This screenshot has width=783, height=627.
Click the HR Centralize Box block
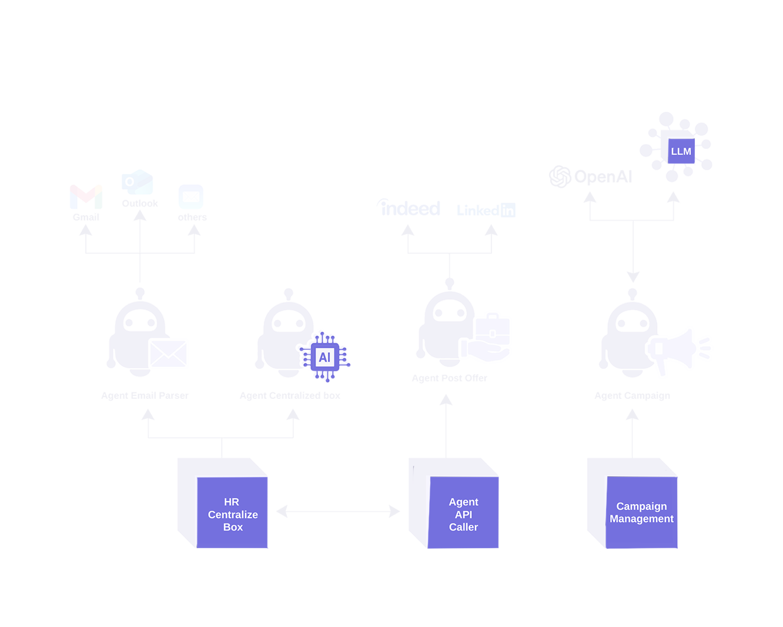(x=232, y=513)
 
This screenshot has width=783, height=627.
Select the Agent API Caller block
(x=463, y=513)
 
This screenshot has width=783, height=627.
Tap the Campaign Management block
(x=641, y=512)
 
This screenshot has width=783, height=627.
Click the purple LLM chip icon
(x=681, y=151)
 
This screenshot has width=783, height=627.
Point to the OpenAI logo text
(x=591, y=176)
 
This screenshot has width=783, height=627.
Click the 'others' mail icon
(x=191, y=196)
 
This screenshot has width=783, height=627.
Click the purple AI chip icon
(x=324, y=357)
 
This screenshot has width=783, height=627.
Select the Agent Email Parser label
(x=145, y=395)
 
